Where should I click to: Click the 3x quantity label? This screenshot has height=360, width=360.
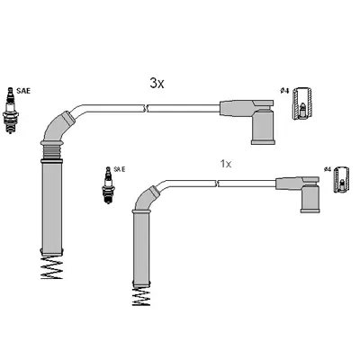coord(157,83)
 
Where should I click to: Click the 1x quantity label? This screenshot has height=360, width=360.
coord(226,164)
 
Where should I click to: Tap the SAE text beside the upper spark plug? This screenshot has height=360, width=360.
coord(23,91)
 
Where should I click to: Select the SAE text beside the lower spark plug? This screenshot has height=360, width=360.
coord(120,169)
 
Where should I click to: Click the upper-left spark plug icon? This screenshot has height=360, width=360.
coord(11,110)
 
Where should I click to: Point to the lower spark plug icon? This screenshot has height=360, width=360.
coord(108,185)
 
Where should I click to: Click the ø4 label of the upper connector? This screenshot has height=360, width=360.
coord(284,91)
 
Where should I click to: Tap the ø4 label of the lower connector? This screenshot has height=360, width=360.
coord(328,169)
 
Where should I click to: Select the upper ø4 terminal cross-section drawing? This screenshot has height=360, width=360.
coord(302,103)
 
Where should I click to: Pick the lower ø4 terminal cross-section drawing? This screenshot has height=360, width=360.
coord(342,179)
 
